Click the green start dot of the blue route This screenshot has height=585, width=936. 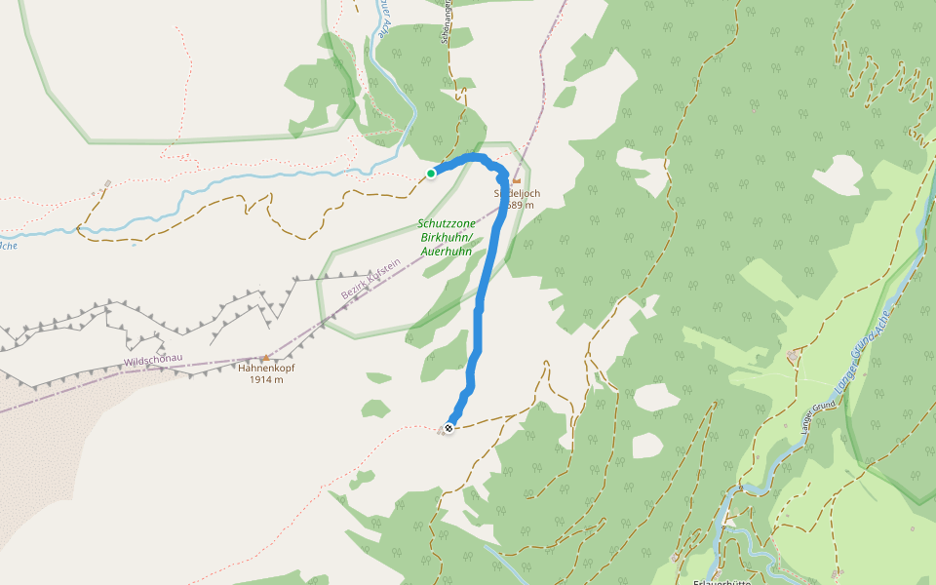pos(431,174)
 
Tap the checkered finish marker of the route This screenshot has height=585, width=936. pos(448,428)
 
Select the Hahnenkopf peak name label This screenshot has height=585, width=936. pos(265,369)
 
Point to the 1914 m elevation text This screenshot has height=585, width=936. pos(265,380)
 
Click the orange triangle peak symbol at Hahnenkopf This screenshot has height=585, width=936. pos(264,358)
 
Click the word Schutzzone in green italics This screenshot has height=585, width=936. pos(447,224)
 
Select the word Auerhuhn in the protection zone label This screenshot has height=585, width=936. pos(447,251)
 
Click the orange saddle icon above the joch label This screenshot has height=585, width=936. pos(517,180)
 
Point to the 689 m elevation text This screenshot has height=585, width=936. pos(521,206)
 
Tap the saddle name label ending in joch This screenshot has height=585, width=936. pos(517,193)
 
